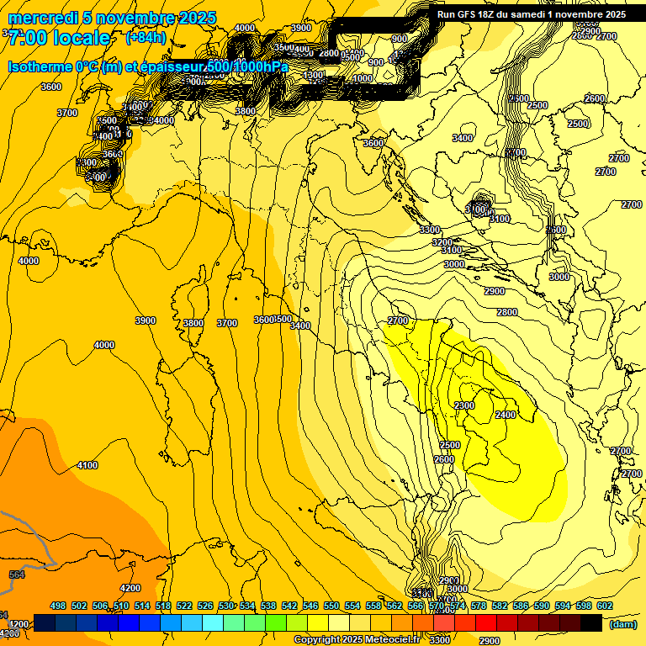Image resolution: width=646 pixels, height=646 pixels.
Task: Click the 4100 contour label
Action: (87, 465)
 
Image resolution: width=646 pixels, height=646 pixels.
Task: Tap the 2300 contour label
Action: (464, 405)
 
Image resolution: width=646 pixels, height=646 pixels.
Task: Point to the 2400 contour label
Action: (506, 415)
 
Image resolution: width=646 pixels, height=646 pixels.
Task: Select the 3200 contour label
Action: (442, 242)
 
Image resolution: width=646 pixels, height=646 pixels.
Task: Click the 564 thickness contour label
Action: (17, 575)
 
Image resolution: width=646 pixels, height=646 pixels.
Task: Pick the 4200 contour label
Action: (130, 588)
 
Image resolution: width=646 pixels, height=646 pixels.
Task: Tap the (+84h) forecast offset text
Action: (146, 38)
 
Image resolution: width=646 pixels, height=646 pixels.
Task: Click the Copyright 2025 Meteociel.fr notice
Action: (366, 640)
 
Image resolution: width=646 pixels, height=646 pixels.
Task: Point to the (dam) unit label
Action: (622, 624)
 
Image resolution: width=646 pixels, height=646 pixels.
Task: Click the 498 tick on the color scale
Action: (58, 606)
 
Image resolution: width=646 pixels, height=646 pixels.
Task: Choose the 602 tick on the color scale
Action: (605, 606)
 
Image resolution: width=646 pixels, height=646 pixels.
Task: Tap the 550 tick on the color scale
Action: (331, 606)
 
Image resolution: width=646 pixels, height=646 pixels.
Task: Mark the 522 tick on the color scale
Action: (184, 606)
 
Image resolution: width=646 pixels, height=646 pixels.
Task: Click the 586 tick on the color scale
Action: (521, 606)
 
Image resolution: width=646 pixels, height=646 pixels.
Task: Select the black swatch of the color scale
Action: (591, 623)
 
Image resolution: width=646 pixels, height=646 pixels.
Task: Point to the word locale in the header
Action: (80, 38)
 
